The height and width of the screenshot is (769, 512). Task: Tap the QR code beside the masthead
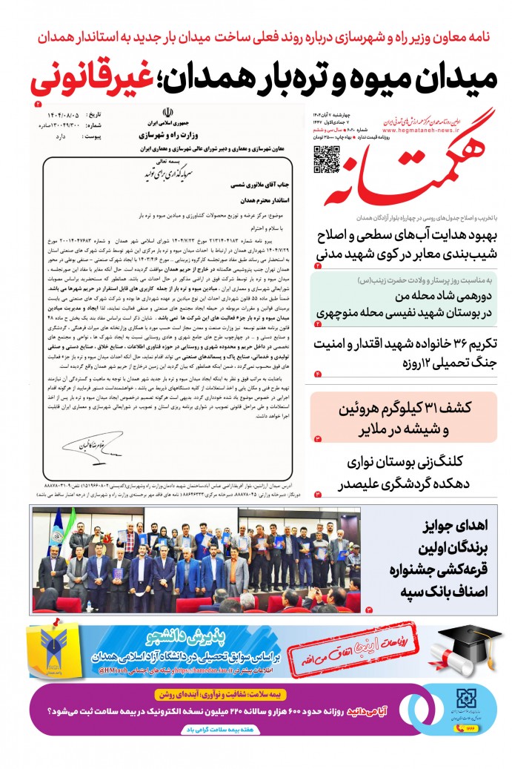326,159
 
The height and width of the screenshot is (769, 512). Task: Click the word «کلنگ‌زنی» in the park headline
470,461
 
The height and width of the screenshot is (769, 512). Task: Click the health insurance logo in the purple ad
468,701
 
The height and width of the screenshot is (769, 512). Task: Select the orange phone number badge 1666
469,730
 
